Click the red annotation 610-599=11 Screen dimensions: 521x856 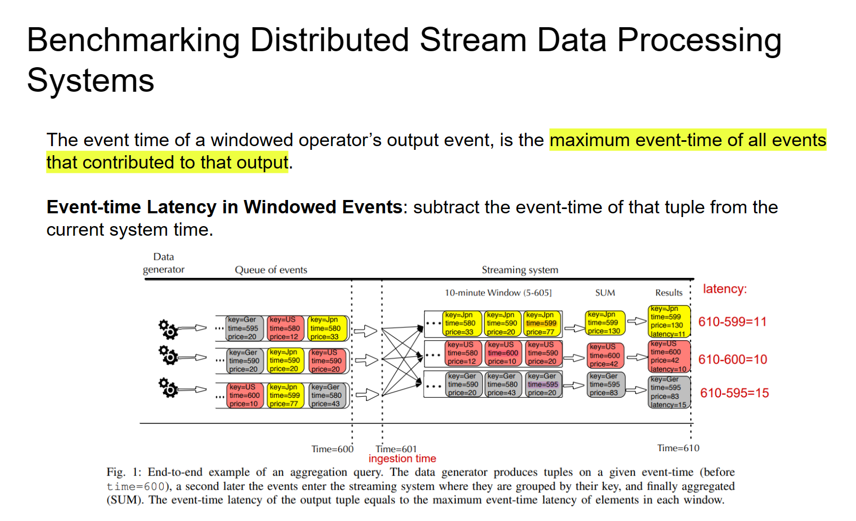coord(732,322)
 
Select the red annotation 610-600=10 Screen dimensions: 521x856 coord(732,359)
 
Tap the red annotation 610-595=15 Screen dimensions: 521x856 coord(734,393)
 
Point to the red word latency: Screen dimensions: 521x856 coord(724,289)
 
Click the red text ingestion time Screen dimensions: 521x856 coord(402,459)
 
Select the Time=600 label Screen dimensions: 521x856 coord(332,449)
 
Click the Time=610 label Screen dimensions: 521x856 coord(678,448)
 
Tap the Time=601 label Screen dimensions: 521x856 coord(396,449)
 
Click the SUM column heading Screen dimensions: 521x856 coord(605,293)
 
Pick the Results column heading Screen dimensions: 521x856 coord(668,293)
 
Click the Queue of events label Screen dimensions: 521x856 coord(271,270)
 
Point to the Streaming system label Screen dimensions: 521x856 coord(519,270)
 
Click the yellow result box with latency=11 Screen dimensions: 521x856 coord(669,321)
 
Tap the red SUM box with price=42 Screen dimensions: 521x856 coord(604,355)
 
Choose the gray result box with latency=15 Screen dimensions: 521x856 coord(669,392)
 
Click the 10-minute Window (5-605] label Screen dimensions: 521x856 coord(498,293)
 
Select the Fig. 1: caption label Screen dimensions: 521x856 coord(124,472)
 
